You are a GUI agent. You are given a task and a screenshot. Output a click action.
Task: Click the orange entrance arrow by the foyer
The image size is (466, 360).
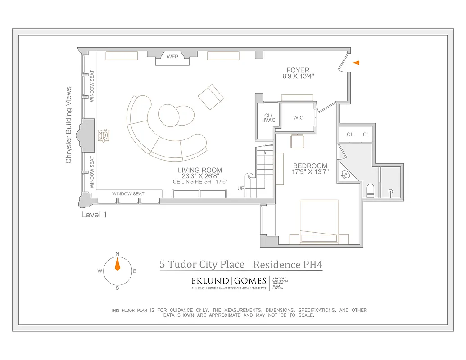(x=356, y=63)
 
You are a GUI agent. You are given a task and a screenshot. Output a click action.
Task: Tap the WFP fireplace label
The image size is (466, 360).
(x=172, y=57)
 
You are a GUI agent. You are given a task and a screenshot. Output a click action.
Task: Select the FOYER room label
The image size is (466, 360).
(x=298, y=70)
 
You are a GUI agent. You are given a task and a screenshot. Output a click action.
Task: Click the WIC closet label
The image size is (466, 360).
(x=298, y=118)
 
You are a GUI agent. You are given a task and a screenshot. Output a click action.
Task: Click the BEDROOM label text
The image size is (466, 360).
(x=310, y=166)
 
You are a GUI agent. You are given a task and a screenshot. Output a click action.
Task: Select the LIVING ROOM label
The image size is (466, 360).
(x=200, y=170)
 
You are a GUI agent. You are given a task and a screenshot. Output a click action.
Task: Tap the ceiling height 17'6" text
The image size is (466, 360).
(x=200, y=182)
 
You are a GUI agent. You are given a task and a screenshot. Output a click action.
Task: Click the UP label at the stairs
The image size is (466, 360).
(x=241, y=189)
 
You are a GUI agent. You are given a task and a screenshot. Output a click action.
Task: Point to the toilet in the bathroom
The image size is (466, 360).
(x=370, y=191)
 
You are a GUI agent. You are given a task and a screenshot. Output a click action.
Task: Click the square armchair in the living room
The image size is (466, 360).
(x=210, y=97)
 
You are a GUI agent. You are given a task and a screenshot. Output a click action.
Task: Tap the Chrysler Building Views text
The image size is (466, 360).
(x=69, y=125)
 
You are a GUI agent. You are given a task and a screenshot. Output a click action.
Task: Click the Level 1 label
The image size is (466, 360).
(x=94, y=215)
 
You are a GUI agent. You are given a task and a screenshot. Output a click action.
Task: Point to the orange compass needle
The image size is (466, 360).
(x=118, y=265)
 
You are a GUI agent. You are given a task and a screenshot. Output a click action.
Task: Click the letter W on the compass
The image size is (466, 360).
(x=100, y=270)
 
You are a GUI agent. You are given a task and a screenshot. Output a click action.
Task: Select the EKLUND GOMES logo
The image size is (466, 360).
(x=229, y=281)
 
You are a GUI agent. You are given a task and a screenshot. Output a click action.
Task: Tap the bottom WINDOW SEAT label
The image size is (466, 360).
(x=128, y=194)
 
